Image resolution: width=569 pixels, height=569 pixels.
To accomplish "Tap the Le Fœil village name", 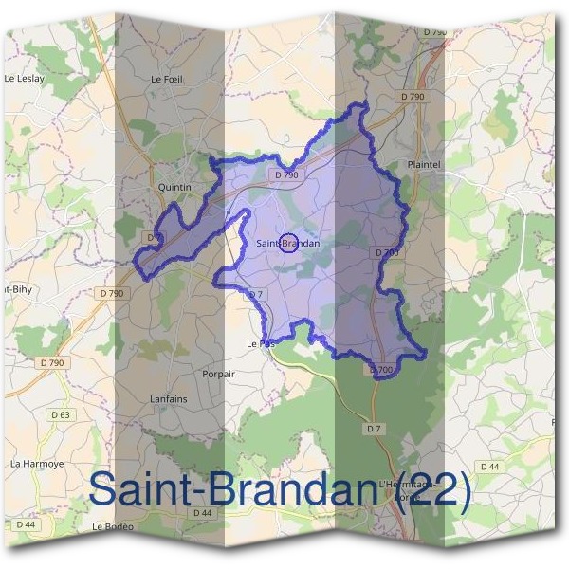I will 166,81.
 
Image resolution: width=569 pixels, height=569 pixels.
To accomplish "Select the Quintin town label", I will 174,187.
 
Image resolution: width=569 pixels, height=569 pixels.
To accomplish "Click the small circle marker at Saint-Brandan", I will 290,242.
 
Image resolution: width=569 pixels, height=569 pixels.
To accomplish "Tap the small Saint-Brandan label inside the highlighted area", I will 288,244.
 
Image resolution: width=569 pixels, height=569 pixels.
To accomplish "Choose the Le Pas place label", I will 260,343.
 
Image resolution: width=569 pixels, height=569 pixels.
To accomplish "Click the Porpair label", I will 217,374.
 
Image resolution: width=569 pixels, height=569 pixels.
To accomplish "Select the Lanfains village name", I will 169,399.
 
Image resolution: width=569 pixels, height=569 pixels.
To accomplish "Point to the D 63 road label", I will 60,415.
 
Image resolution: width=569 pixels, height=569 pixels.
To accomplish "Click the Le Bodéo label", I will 113,526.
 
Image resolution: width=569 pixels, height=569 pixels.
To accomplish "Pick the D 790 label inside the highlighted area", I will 286,174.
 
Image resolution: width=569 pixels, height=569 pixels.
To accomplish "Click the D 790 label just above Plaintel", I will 413,97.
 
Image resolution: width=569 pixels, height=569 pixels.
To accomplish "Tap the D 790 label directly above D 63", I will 52,362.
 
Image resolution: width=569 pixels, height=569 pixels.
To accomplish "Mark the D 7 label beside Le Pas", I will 254,295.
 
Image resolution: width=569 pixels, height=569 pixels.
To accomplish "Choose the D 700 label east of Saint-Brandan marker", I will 386,252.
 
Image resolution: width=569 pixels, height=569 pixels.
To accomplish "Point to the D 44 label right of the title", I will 489,466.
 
